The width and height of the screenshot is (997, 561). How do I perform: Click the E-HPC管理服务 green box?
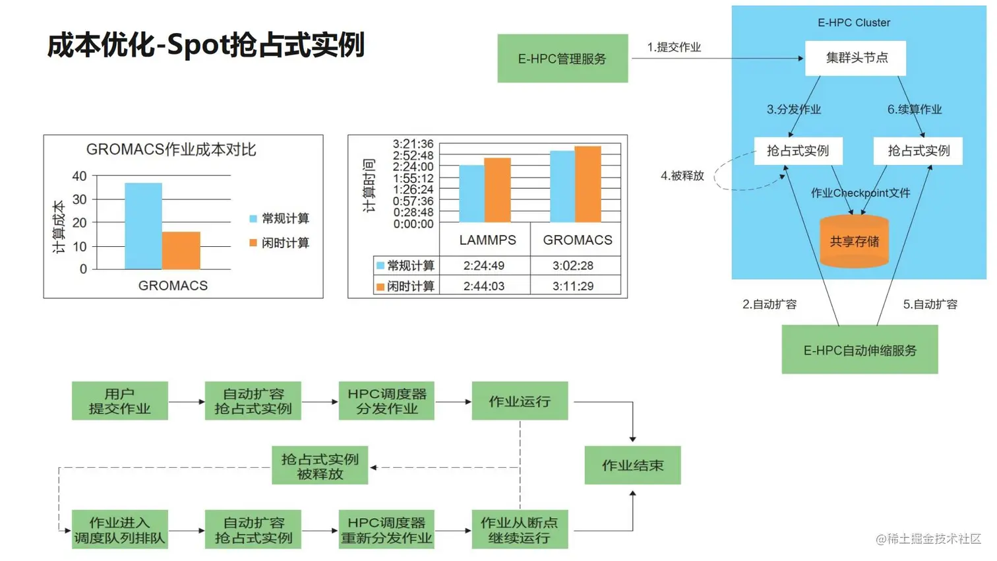[562, 59]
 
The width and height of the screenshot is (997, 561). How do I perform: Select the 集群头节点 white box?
[856, 58]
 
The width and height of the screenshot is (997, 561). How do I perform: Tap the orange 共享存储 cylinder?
[854, 242]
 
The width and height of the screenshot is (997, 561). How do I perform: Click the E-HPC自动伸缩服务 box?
[860, 350]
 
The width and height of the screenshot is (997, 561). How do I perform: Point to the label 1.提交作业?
[674, 48]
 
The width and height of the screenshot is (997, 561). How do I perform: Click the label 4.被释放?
[682, 176]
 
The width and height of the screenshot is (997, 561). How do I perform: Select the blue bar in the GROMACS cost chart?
[143, 226]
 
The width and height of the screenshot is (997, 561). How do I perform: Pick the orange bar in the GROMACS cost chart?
[181, 250]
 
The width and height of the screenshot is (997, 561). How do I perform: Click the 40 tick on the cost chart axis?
[79, 176]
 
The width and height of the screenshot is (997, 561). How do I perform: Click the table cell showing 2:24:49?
[484, 265]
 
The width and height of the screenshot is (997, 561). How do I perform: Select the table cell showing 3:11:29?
[573, 286]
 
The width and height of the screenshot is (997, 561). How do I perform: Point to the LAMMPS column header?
[487, 240]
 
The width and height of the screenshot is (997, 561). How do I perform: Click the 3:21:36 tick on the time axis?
[413, 144]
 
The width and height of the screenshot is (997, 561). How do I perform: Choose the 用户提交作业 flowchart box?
[120, 401]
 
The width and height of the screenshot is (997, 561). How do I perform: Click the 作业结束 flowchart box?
[632, 465]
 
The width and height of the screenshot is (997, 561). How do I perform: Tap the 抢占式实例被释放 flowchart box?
[320, 466]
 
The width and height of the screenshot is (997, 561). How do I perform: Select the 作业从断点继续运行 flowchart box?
[519, 529]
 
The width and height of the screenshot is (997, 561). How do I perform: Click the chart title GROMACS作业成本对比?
[171, 150]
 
